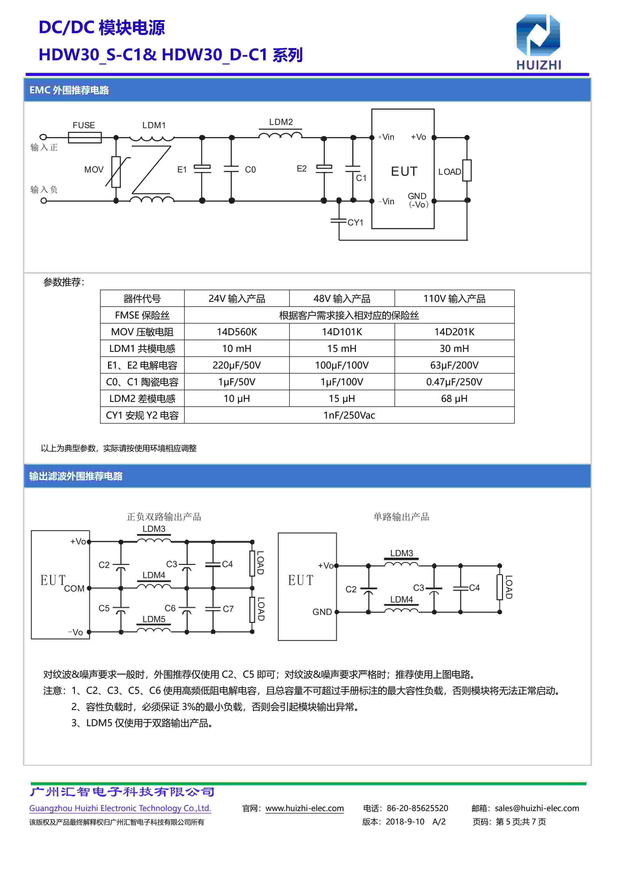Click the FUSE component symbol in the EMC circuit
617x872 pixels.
tap(85, 137)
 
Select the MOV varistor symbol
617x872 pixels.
tap(116, 172)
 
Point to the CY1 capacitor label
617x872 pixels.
tap(356, 222)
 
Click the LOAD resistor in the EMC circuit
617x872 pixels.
tap(467, 170)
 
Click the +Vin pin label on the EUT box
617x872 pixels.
tap(386, 137)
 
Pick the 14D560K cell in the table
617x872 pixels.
tap(237, 332)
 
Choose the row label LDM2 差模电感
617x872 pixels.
tap(142, 399)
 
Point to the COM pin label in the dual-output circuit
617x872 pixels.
tap(74, 589)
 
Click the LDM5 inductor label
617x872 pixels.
tap(154, 619)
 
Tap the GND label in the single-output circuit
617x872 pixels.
tap(322, 612)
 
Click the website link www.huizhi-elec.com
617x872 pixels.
tap(304, 809)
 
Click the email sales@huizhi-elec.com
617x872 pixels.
tap(537, 809)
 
